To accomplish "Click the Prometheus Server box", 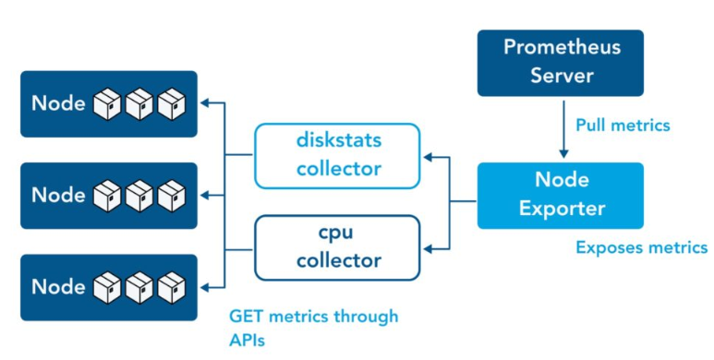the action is coord(560,63).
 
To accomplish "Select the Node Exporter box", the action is coord(560,196).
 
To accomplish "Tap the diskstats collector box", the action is coord(337,156).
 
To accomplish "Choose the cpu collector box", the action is coord(337,247).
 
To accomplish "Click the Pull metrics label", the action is coord(623,126).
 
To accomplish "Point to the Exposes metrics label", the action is coord(642,247).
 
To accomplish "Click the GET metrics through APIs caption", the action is coord(314,328).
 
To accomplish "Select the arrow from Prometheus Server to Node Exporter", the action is coord(563,129).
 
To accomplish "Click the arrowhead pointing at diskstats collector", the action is coord(428,157).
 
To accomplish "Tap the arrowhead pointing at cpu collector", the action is coord(428,249).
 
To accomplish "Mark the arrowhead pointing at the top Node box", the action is coord(205,103).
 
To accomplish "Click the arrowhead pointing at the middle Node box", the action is coord(205,196).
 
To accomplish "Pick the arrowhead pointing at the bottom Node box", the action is coord(205,288).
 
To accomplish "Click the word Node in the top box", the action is coord(58,103).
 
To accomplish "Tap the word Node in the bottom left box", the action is coord(58,287).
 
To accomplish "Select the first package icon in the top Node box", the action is coord(107,103).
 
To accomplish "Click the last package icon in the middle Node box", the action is coord(172,196).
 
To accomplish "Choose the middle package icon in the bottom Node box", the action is coord(139,288).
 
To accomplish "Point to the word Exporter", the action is coord(563,210).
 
